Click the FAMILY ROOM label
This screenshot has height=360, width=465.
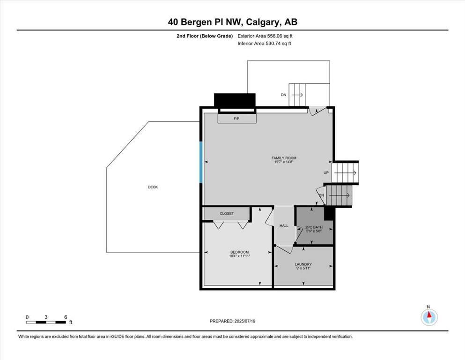click(284, 158)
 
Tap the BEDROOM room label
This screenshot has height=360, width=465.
click(239, 252)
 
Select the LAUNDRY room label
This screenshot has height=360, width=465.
click(303, 264)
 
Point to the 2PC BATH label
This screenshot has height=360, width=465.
click(314, 227)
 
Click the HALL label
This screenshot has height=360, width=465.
click(284, 225)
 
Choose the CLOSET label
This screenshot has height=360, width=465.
click(227, 213)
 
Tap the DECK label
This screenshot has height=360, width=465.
click(153, 187)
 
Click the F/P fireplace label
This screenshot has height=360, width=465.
click(236, 119)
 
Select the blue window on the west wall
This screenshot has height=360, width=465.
click(201, 162)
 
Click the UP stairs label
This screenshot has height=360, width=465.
click(326, 172)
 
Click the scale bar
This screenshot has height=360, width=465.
click(46, 322)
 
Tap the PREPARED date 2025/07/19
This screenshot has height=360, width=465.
click(244, 321)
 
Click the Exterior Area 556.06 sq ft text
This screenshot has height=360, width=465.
click(265, 36)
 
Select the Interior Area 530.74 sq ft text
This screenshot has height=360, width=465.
click(264, 43)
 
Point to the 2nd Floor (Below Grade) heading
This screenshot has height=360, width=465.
click(205, 36)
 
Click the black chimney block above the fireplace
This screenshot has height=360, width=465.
click(235, 100)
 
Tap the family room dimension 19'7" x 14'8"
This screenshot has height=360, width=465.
click(284, 162)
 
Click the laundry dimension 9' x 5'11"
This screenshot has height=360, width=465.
click(303, 268)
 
